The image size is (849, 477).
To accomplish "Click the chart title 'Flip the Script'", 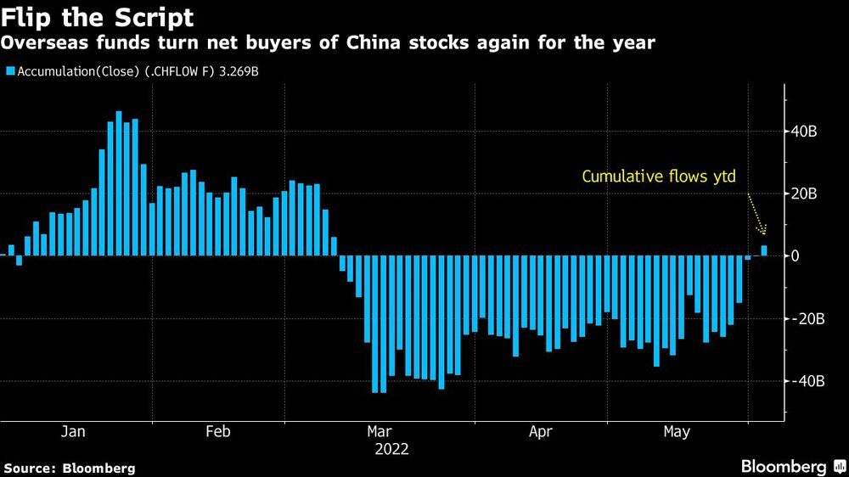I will pyautogui.click(x=98, y=17).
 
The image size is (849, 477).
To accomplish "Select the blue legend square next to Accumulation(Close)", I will pyautogui.click(x=10, y=72).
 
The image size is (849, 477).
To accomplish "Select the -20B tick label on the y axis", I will pyautogui.click(x=807, y=319).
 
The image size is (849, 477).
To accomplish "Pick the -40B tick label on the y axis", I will pyautogui.click(x=807, y=382).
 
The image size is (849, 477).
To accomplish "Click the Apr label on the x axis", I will pyautogui.click(x=541, y=432).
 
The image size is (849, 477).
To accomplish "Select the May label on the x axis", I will pyautogui.click(x=677, y=432).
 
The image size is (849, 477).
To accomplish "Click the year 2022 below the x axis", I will pyautogui.click(x=391, y=450).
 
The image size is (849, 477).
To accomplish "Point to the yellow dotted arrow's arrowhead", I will pyautogui.click(x=764, y=233).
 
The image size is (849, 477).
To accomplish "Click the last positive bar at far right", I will pyautogui.click(x=764, y=250).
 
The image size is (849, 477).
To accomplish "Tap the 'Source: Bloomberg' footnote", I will pyautogui.click(x=70, y=468).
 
